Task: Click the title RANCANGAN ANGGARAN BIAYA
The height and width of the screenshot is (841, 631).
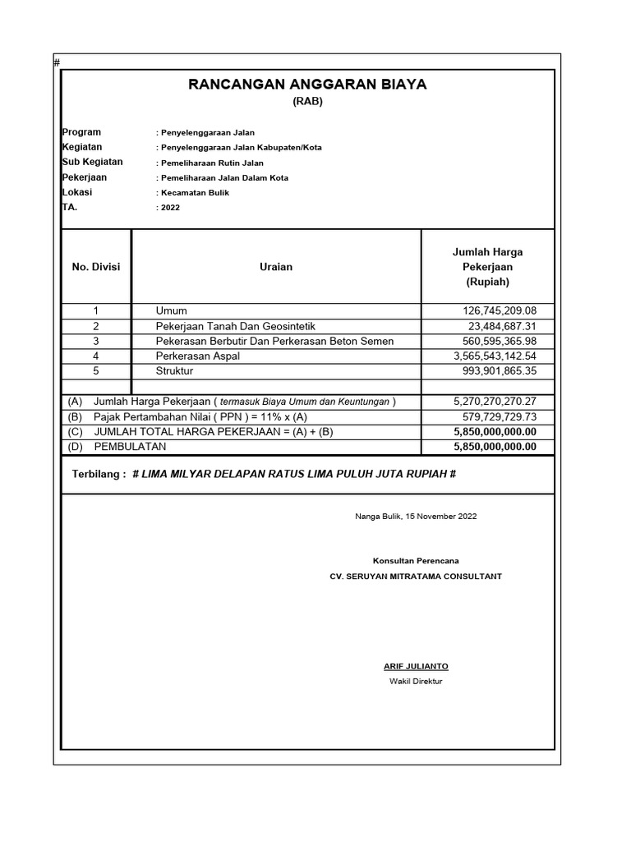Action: point(308,85)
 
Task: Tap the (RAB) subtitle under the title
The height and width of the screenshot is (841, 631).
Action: point(308,102)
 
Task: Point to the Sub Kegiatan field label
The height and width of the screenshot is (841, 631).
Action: point(92,162)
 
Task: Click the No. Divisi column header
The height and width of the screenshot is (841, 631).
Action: point(96,267)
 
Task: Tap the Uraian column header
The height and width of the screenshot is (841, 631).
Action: point(276,267)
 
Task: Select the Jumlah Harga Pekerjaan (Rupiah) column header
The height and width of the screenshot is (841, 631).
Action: point(487,267)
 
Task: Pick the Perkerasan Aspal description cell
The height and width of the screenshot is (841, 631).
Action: point(198,356)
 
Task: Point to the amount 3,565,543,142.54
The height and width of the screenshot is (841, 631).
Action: point(495,356)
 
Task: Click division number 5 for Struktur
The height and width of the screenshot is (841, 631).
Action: point(96,370)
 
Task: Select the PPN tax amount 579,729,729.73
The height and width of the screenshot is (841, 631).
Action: point(495,417)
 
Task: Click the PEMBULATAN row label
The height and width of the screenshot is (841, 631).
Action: point(130,447)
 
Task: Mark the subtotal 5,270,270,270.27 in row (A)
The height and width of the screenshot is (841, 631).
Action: point(495,402)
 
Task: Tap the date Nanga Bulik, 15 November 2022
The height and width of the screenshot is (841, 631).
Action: point(416,517)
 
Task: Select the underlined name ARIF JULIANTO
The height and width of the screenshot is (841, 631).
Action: point(416,666)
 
